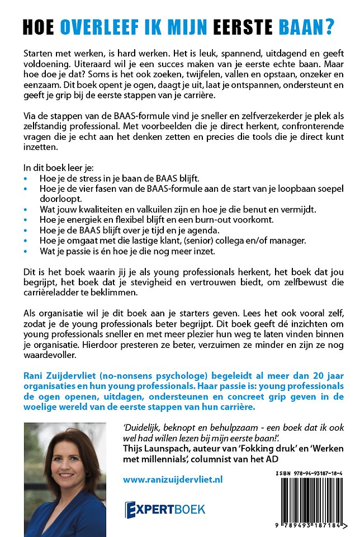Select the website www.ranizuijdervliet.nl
coord(173,479)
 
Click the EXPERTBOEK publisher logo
coord(165,509)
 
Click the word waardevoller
coord(56,356)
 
